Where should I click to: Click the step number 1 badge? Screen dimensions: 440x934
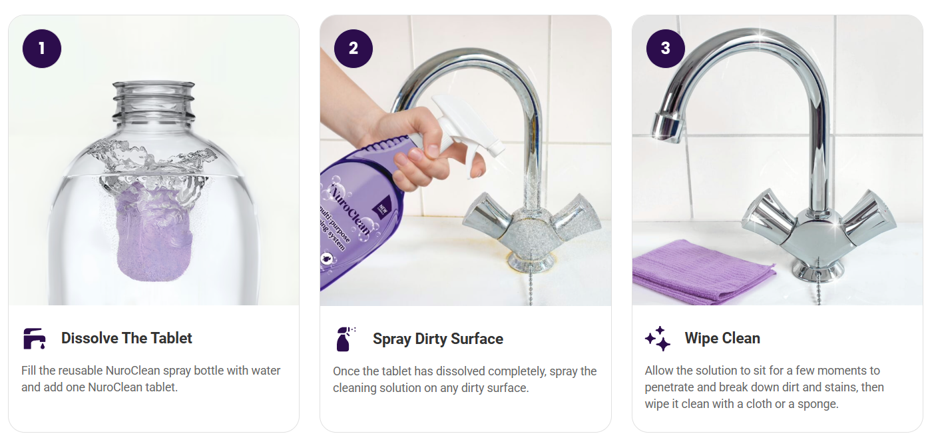42,49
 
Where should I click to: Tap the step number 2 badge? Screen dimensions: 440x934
353,49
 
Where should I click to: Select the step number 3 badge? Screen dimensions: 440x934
666,49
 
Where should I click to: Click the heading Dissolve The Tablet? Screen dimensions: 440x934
126,338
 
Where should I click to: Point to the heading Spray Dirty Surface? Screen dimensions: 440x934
438,339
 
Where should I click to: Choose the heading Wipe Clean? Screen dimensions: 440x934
722,338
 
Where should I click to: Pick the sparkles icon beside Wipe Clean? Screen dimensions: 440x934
658,339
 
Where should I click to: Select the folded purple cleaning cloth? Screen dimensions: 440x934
702,270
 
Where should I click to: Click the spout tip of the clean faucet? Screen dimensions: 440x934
666,127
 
